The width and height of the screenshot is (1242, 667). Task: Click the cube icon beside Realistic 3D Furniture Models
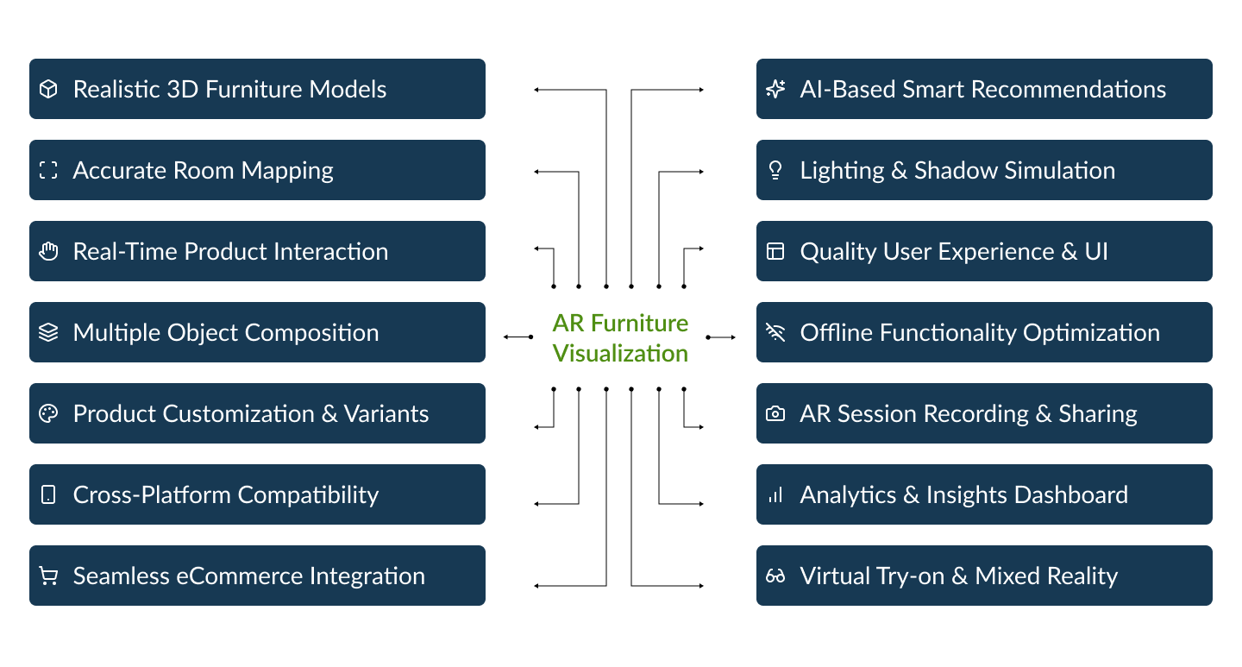(x=48, y=89)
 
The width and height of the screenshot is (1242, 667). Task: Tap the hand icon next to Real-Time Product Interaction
(x=48, y=251)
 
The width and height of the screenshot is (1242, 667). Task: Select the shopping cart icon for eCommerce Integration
(x=48, y=576)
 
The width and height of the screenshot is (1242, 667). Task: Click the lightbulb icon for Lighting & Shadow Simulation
(x=775, y=170)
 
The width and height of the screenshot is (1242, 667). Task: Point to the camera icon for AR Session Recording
(x=775, y=414)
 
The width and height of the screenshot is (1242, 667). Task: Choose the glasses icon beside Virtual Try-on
(x=775, y=576)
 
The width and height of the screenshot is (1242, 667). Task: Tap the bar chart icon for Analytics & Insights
(x=775, y=495)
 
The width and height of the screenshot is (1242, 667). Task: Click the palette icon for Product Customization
(x=48, y=413)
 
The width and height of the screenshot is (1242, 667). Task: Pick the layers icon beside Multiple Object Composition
(x=48, y=332)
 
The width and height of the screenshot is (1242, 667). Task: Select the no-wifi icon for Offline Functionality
(x=775, y=332)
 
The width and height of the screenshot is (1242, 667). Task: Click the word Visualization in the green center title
(x=620, y=354)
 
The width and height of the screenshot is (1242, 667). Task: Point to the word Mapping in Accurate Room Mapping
(x=287, y=171)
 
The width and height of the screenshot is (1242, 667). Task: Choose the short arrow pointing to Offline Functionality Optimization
(x=721, y=337)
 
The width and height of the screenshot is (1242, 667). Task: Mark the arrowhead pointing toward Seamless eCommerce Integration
(x=536, y=585)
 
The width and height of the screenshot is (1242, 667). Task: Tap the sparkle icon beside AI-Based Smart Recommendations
(x=775, y=89)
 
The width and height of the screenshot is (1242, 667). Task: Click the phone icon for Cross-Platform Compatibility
(x=48, y=494)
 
